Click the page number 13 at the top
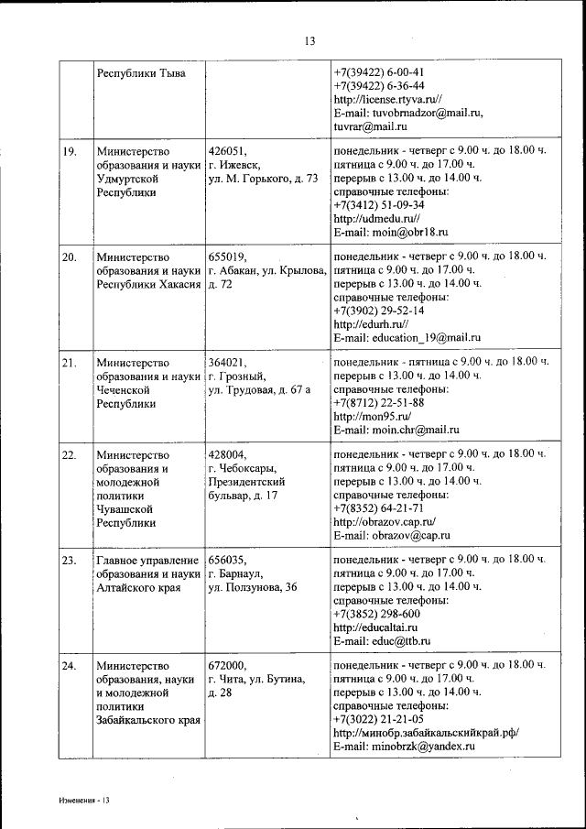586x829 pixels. click(x=309, y=40)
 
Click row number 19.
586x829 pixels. click(x=70, y=150)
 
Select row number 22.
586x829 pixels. click(x=70, y=453)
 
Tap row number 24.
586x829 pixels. click(x=70, y=665)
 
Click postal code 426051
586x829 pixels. click(x=228, y=150)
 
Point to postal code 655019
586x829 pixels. click(x=228, y=256)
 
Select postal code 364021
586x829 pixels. click(x=228, y=362)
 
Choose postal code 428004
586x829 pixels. click(x=228, y=453)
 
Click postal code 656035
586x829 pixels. click(x=228, y=559)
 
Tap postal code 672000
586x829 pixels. click(x=228, y=665)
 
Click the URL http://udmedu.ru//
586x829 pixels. click(x=376, y=219)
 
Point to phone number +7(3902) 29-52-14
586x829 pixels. click(x=379, y=311)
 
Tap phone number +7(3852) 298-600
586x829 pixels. click(x=376, y=614)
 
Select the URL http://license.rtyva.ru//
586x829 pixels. click(x=388, y=99)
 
